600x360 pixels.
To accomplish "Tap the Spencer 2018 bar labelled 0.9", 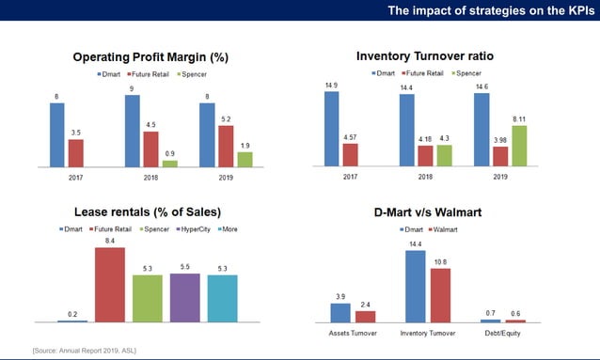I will point(169,163).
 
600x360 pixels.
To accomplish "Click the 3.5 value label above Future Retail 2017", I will point(75,133).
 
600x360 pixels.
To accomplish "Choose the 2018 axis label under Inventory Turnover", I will point(425,175).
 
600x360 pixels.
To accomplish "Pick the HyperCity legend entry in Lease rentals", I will point(186,229).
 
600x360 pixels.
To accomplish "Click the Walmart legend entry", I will point(446,229).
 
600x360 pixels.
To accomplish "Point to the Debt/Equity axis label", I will point(516,332).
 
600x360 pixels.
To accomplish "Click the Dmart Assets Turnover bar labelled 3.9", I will point(339,312).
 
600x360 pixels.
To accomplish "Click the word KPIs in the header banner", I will point(576,10).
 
